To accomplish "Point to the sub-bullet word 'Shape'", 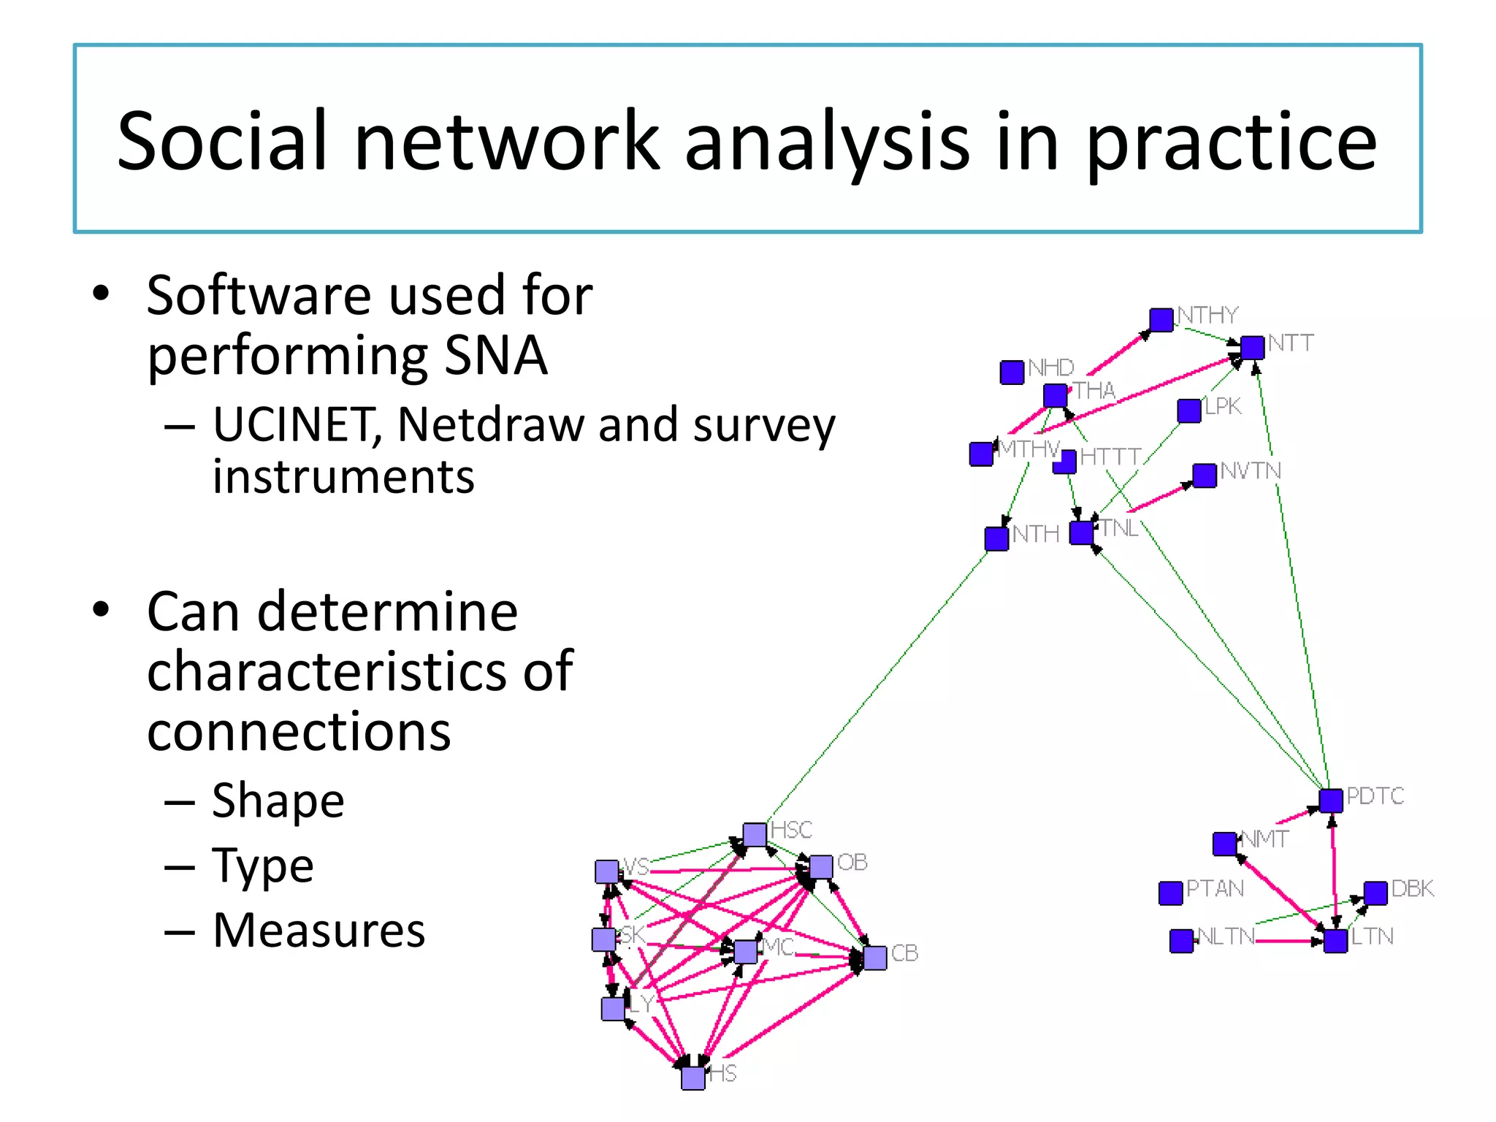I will pos(278,801).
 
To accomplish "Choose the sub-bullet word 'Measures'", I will pos(318,931).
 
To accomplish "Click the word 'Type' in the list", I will pos(263,866).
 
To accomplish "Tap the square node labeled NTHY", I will pos(1161,320).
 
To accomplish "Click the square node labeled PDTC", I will pos(1331,801).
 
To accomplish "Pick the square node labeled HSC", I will pos(755,834).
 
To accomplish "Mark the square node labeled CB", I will pos(875,958).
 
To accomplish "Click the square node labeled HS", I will pos(693,1077).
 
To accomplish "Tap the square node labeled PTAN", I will pos(1170,893).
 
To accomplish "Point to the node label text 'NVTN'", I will pos(1251,471).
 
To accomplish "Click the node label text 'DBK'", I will pos(1412,889).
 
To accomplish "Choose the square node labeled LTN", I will pos(1335,941).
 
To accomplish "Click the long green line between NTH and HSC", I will pos(877,687).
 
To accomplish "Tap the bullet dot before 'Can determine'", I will pos(101,609).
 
